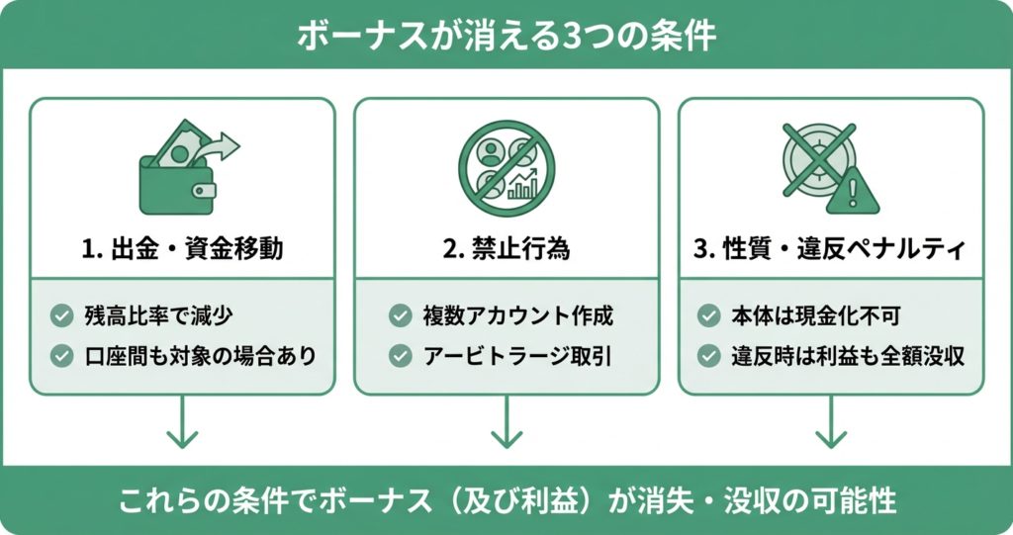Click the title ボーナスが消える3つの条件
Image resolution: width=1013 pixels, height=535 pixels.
[506, 35]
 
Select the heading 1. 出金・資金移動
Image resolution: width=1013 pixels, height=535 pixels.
[182, 249]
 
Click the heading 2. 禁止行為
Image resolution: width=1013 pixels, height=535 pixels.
[506, 249]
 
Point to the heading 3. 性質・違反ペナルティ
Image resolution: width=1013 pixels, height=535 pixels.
[830, 249]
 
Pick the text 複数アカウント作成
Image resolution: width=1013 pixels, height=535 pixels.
[515, 316]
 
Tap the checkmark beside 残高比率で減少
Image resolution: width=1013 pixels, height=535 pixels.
[62, 316]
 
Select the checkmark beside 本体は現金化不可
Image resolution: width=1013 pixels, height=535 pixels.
[708, 316]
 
